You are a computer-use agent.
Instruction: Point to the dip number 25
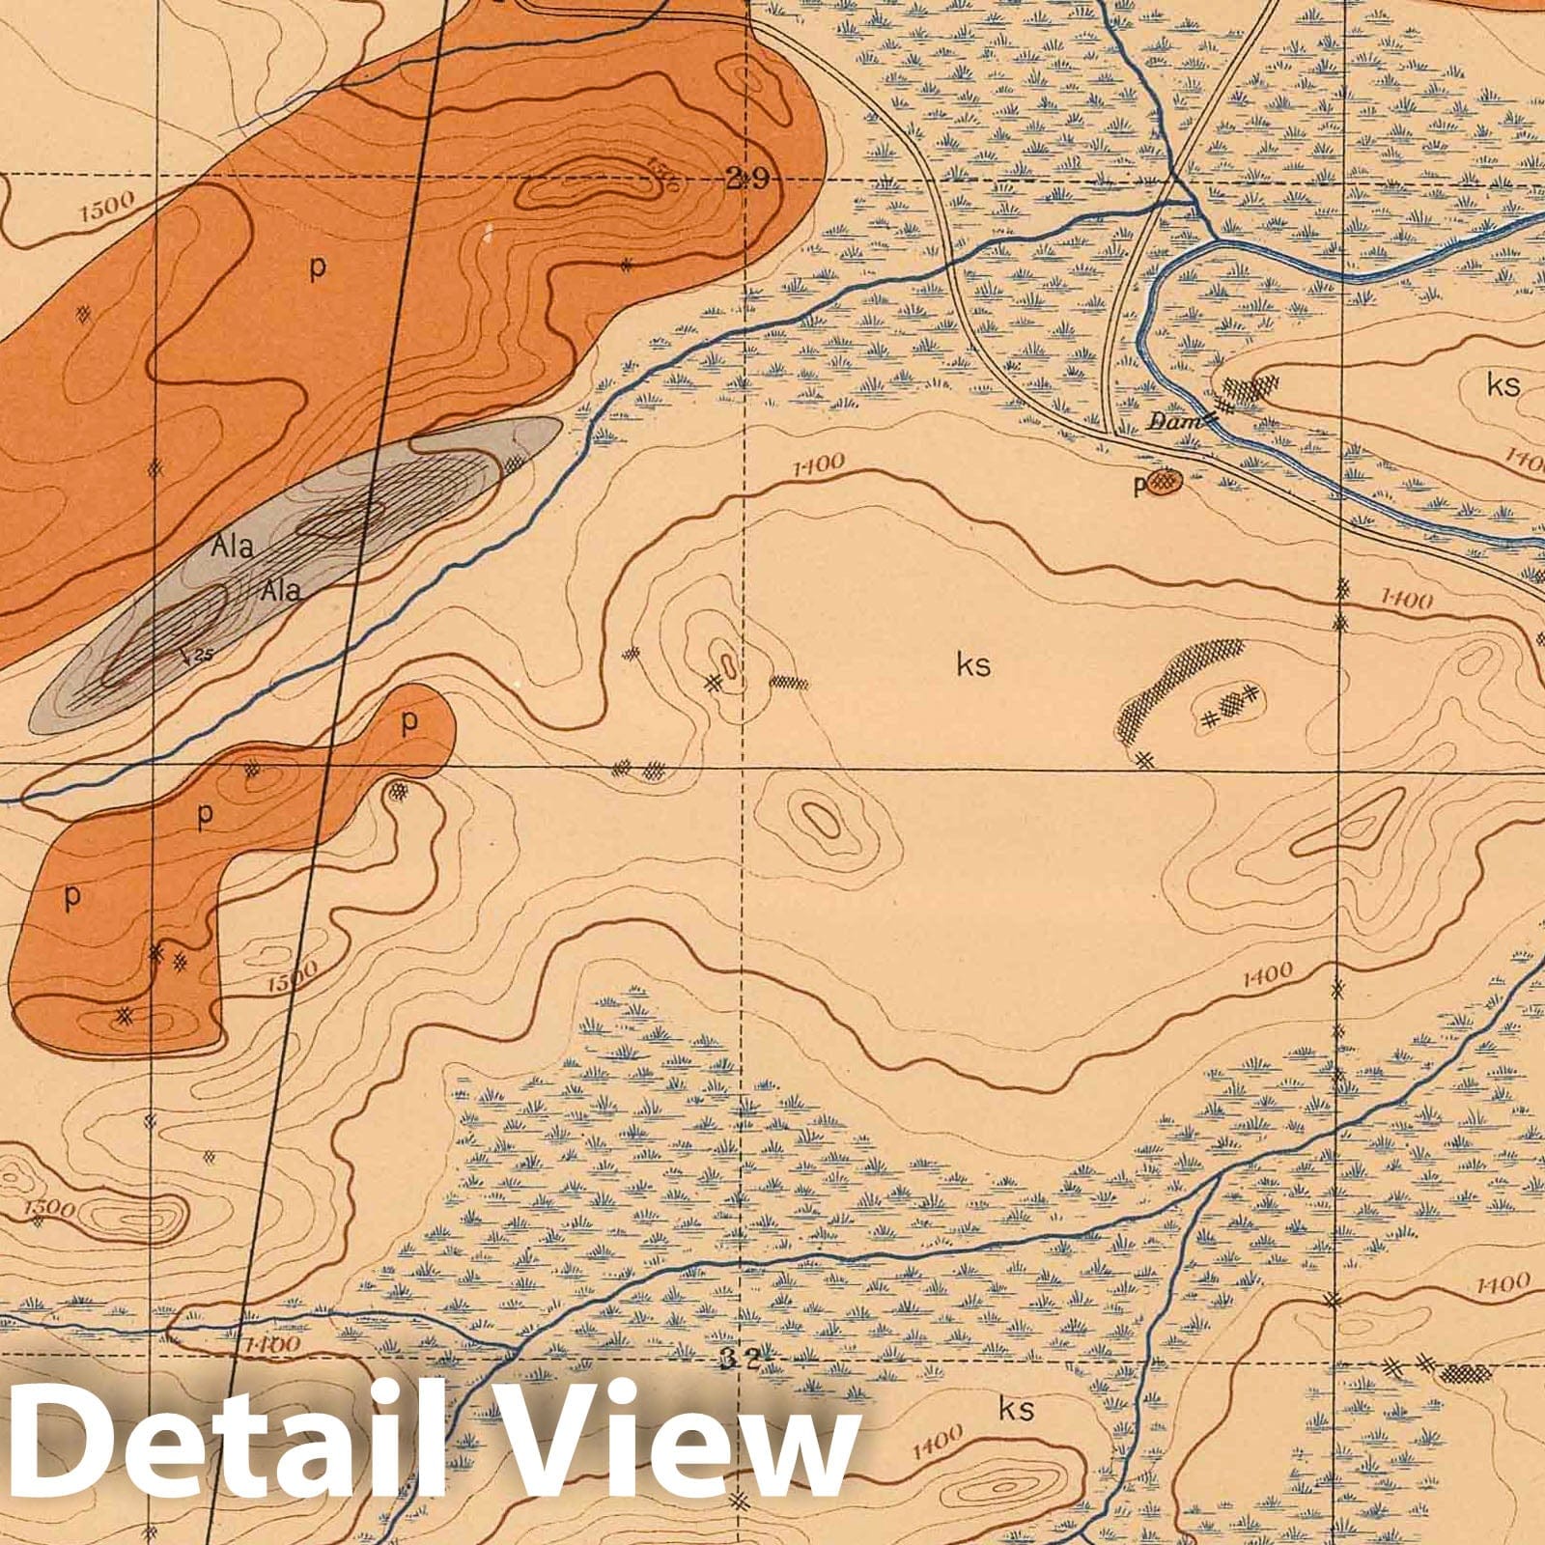(202, 656)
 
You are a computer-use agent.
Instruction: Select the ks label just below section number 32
(1017, 1409)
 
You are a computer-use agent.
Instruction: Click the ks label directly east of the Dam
(1503, 385)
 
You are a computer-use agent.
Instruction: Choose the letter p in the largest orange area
(316, 269)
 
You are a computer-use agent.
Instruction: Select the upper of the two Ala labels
(233, 546)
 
